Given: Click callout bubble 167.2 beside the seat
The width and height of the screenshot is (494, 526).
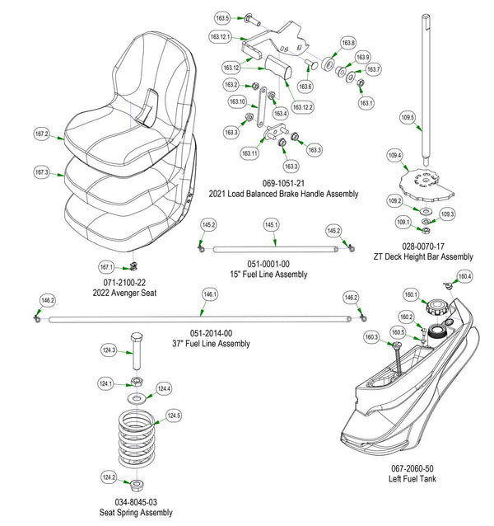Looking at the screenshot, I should tap(42, 134).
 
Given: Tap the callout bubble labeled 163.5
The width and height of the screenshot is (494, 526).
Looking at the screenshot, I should tap(223, 18).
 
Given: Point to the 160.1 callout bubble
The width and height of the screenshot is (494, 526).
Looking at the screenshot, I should tap(411, 295).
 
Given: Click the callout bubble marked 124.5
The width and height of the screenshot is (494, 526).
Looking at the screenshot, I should tap(173, 416).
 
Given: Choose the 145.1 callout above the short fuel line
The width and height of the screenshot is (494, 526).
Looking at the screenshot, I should tap(271, 224).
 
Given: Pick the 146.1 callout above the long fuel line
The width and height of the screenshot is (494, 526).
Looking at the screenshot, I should tap(210, 294).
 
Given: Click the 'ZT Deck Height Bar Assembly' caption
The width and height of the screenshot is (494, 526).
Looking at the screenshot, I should tap(423, 256).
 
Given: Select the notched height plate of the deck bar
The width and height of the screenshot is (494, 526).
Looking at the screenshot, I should tap(426, 184).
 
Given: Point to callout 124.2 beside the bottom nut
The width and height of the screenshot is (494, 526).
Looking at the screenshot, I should tap(108, 477).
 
